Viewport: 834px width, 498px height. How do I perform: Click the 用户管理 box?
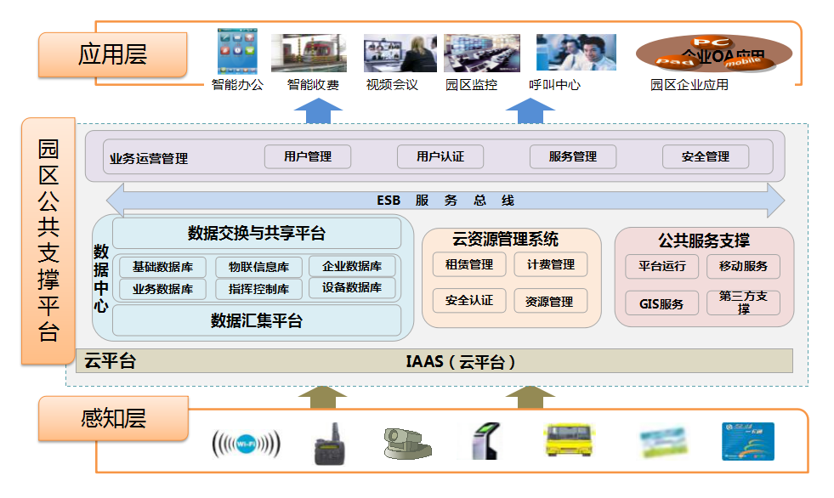coord(308,156)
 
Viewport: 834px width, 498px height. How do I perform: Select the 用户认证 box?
coord(440,156)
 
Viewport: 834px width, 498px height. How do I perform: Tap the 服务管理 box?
coord(572,156)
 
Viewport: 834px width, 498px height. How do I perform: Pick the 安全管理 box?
coord(705,156)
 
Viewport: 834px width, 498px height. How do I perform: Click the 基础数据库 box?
coord(162,267)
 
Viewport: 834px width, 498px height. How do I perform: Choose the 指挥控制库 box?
coord(258,289)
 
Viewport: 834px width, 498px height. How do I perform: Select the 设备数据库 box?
coord(352,288)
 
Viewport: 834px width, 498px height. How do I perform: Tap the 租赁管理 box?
coord(469,264)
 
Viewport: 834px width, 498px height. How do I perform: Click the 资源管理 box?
coord(549,301)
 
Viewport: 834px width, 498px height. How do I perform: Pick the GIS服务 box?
coord(661,303)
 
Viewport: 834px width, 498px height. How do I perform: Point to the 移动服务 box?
coord(743,266)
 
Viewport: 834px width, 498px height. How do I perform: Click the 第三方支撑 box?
coord(743,303)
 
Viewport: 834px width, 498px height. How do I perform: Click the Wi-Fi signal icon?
coord(246,444)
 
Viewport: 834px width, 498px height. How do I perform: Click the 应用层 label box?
coord(113,54)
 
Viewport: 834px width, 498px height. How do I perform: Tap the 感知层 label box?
coord(113,418)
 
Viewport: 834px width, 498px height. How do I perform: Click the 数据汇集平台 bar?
coord(257,320)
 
